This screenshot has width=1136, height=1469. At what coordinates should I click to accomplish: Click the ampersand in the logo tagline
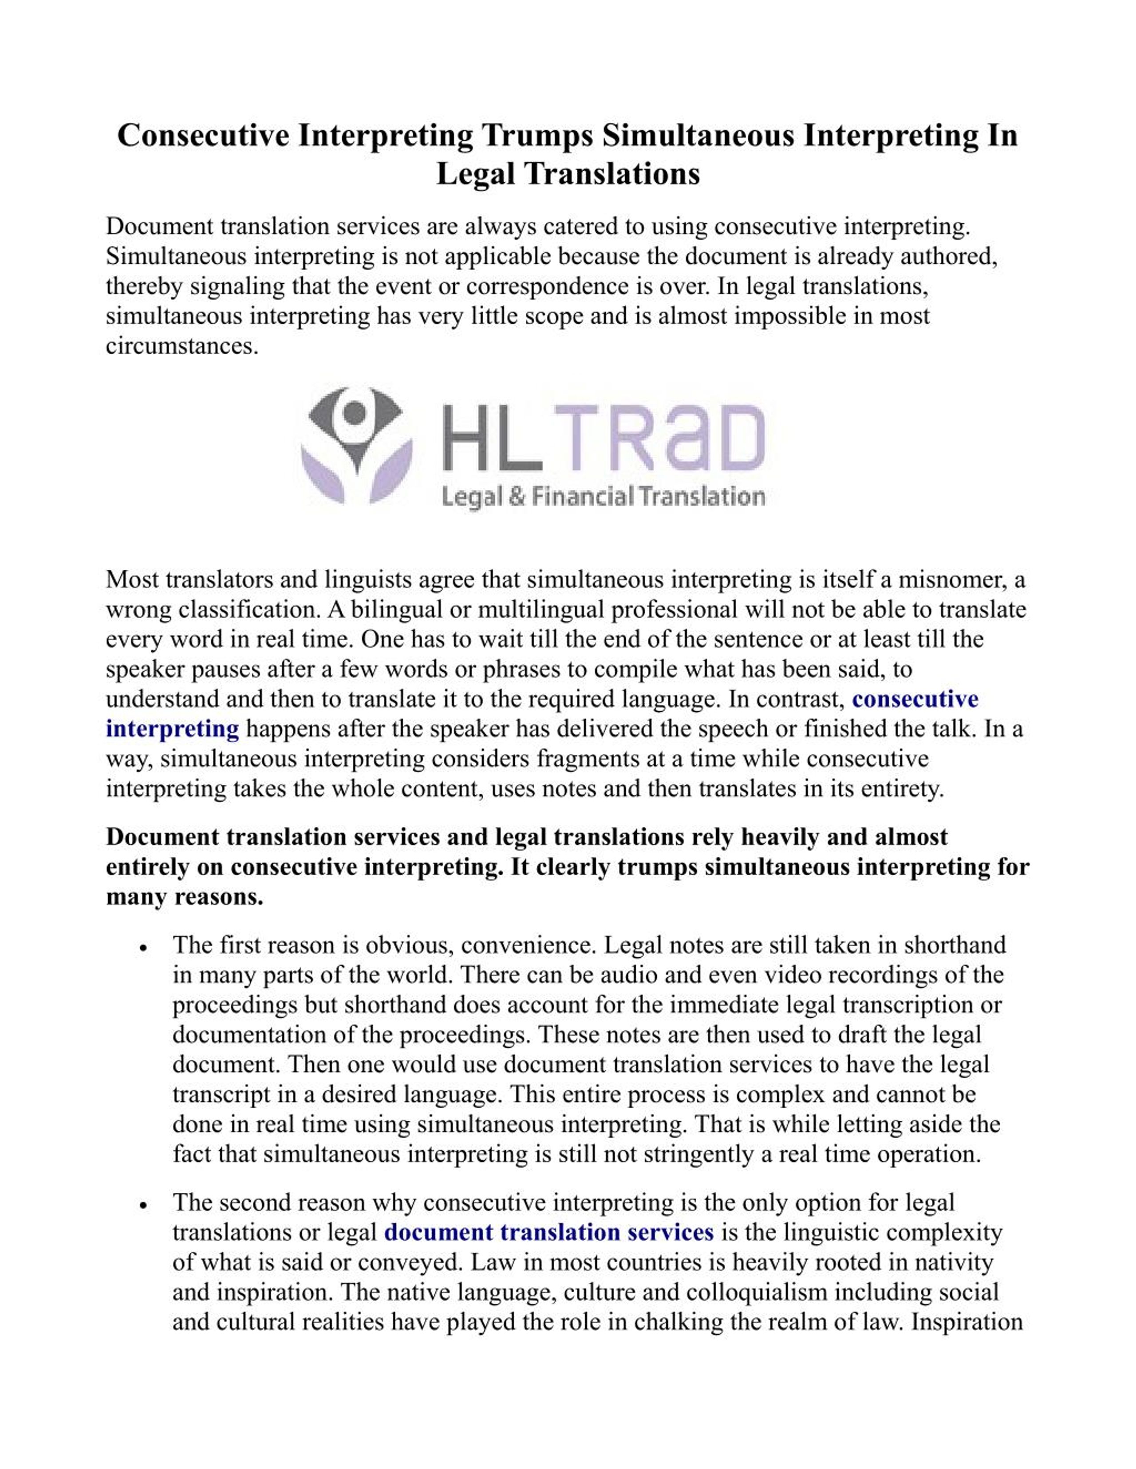pyautogui.click(x=516, y=498)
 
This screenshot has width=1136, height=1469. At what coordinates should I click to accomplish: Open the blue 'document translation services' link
pyautogui.click(x=548, y=1232)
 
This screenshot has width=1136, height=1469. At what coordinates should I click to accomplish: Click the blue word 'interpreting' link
pyautogui.click(x=172, y=729)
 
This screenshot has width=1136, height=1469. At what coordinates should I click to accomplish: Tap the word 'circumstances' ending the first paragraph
pyautogui.click(x=181, y=346)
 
